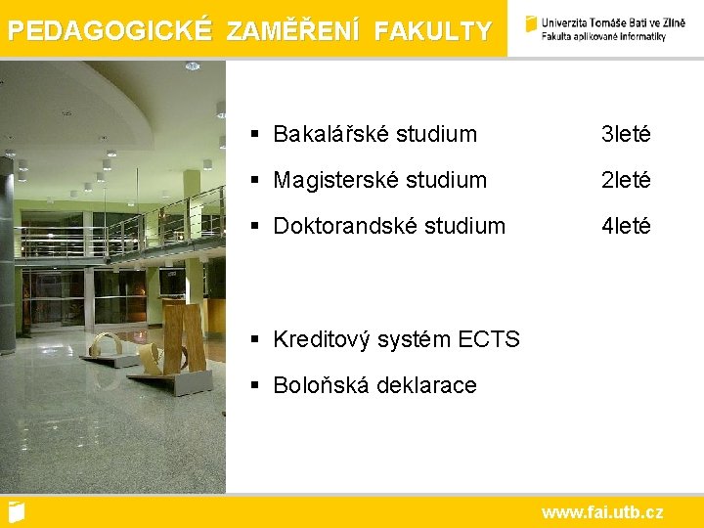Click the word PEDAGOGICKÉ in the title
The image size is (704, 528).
(x=110, y=30)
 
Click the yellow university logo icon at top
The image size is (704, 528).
(x=531, y=24)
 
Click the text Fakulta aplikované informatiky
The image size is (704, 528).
(x=603, y=37)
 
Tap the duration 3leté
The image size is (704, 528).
(x=626, y=134)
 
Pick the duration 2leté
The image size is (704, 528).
(x=626, y=180)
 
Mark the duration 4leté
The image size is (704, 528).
(x=626, y=226)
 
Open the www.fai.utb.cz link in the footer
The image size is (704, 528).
(x=602, y=512)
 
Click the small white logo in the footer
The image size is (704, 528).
(x=16, y=511)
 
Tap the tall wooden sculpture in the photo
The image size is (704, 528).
(x=186, y=337)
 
